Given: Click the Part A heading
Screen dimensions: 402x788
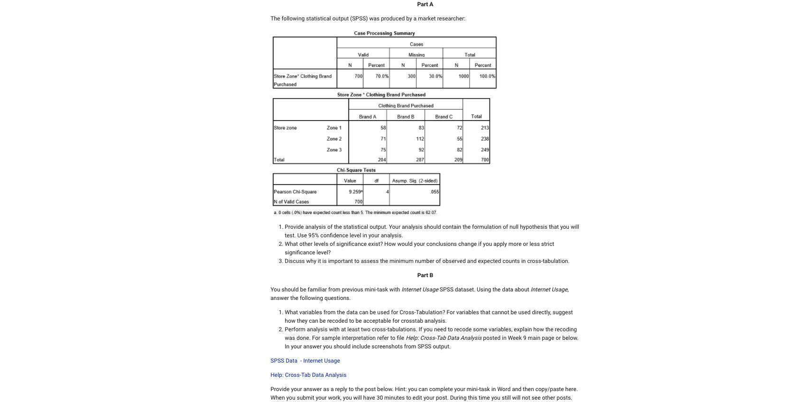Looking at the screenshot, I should point(425,4).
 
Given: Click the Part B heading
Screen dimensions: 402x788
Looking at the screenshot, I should point(425,275).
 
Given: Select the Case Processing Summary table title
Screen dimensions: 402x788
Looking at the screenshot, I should point(384,33).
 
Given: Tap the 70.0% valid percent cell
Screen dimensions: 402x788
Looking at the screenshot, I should point(381,76).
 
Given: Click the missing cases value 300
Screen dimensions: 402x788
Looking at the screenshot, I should point(411,76).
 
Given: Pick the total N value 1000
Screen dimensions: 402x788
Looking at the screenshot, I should point(463,76).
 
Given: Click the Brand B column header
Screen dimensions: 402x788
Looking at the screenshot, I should point(406,117).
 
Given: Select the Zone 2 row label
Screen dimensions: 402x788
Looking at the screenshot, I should point(334,139).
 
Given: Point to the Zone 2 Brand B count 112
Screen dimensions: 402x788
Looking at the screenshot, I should point(419,139).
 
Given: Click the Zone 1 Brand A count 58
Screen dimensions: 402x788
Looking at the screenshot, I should point(383,128).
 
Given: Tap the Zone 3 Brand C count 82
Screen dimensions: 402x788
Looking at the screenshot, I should point(459,150).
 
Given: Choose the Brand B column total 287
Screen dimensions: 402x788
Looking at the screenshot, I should point(419,159).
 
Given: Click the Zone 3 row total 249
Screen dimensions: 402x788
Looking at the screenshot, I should point(484,150).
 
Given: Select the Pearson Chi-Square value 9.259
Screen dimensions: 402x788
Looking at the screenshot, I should point(355,192).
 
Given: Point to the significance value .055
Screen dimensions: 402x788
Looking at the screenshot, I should point(435,192).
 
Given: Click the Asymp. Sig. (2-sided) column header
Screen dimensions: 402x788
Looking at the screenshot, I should point(415,181).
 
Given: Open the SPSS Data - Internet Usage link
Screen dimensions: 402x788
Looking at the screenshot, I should point(305,361).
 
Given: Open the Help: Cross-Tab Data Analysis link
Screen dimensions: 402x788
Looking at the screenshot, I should point(308,375).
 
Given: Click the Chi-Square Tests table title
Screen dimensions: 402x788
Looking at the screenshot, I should point(356,170).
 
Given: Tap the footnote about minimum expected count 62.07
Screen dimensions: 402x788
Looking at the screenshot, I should point(355,213).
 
